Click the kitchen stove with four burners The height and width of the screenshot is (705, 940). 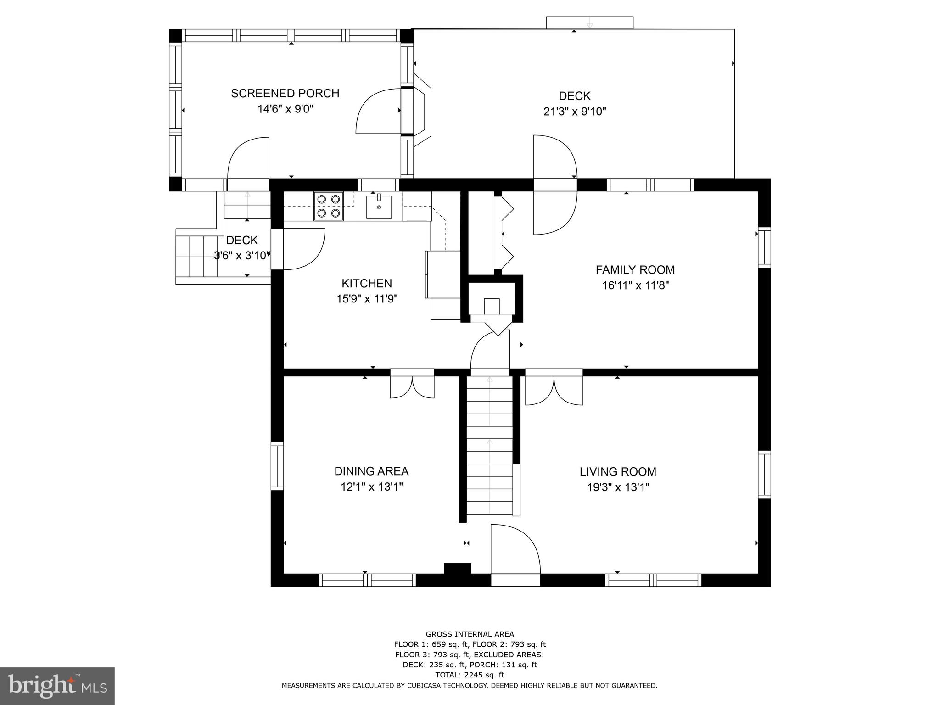pyautogui.click(x=329, y=206)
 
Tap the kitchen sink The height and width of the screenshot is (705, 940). pyautogui.click(x=379, y=207)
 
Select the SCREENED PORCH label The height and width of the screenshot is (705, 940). pyautogui.click(x=285, y=93)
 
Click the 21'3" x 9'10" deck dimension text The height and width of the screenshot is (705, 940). pyautogui.click(x=575, y=112)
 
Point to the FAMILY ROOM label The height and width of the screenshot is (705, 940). pyautogui.click(x=635, y=270)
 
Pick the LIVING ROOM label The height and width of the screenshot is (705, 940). pyautogui.click(x=617, y=471)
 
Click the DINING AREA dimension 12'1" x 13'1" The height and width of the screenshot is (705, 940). pyautogui.click(x=371, y=487)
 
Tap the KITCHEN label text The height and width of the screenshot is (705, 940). pyautogui.click(x=366, y=283)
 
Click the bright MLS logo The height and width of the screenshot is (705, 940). pyautogui.click(x=57, y=686)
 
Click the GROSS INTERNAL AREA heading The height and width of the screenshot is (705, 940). pyautogui.click(x=470, y=634)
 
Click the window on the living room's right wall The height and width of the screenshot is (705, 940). pyautogui.click(x=764, y=475)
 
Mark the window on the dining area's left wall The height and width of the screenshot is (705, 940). pyautogui.click(x=277, y=466)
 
